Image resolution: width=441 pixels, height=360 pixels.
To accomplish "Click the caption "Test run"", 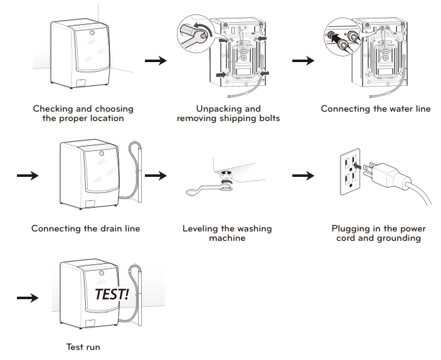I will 83,347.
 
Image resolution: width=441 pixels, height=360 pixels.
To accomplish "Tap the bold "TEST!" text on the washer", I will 112,294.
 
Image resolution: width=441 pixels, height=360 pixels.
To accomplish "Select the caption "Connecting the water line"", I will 375,109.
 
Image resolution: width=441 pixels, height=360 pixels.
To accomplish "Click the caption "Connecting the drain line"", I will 85,228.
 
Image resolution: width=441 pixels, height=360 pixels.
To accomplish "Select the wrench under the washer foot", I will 207,188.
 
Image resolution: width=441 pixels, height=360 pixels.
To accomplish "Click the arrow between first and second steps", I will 156,61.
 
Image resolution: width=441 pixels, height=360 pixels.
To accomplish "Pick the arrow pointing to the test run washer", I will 27,298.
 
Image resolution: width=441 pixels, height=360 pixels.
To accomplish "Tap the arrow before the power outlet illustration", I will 304,176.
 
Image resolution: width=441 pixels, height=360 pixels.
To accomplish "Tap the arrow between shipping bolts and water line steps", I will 304,61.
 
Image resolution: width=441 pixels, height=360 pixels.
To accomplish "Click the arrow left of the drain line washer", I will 27,176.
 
